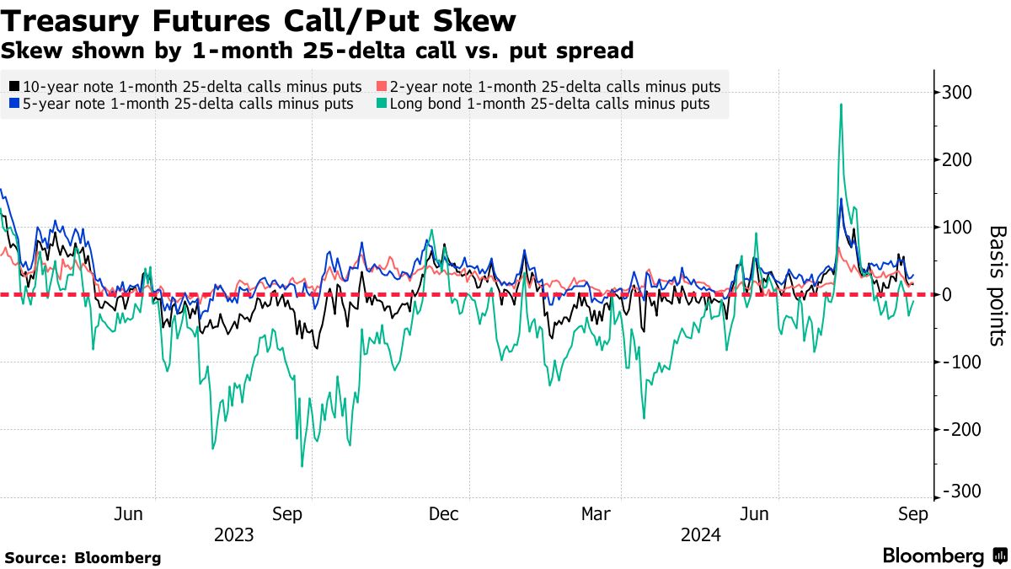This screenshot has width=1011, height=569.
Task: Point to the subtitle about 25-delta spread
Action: (317, 51)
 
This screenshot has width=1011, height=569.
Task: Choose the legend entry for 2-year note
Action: (548, 86)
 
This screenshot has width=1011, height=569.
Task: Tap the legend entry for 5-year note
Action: (180, 104)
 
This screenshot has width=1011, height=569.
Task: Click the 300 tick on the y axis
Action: (959, 93)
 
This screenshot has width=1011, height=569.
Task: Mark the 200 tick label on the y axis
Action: (959, 160)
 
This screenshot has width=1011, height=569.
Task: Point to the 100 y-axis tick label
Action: (959, 228)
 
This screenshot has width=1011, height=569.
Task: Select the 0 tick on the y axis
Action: (948, 295)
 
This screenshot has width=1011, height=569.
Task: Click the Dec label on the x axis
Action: (444, 514)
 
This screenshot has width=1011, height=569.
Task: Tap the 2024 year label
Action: (701, 535)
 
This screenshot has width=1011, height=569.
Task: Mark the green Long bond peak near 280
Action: (841, 105)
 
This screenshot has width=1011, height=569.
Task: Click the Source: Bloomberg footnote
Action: (83, 558)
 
